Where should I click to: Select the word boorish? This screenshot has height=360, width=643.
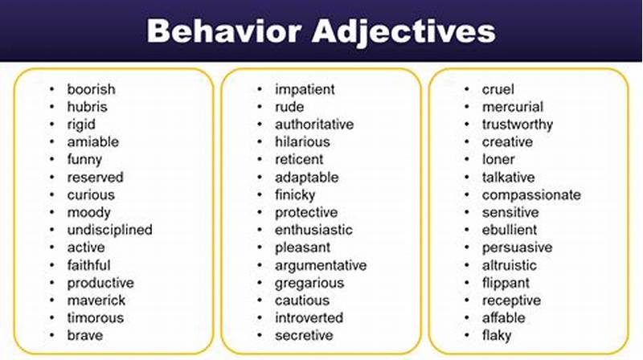pos(91,89)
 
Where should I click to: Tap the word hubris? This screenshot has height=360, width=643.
pos(87,107)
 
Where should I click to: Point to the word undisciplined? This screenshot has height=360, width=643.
pos(109,230)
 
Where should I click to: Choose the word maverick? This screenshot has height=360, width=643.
pos(96,301)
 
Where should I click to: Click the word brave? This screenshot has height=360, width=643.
pos(84,335)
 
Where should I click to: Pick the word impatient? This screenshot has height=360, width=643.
pos(305,89)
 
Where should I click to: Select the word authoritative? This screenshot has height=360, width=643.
pos(313,125)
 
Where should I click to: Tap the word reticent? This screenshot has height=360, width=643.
pos(299,159)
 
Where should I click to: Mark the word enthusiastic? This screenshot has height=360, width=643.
pos(313,230)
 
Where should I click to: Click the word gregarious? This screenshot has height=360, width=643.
pos(309,283)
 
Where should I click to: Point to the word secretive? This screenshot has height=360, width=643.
pos(303,335)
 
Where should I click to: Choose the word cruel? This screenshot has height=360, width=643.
pos(498,89)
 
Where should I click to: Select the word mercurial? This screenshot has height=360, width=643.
pos(512,107)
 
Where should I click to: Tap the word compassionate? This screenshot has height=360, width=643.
pos(530,194)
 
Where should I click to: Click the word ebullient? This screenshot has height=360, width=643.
pos(510,230)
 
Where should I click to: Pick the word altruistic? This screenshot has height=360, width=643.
pos(509,265)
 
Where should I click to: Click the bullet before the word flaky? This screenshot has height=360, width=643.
pos(468,335)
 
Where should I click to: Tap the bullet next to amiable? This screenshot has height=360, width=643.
pos(52,142)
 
